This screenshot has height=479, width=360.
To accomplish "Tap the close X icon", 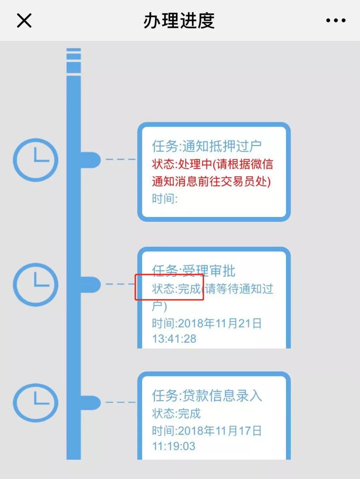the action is point(24,21).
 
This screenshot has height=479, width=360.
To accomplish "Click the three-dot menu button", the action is point(336,21).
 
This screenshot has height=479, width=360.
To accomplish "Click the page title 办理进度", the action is point(179,21).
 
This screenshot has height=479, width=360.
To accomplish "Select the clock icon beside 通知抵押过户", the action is point(36,160).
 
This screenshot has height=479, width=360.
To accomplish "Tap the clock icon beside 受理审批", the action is point(36,285).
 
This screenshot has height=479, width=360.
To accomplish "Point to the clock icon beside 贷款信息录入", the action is point(36,403).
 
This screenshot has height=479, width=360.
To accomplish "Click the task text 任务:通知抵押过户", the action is point(207,146).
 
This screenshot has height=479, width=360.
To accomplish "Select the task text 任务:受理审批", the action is point(194,271).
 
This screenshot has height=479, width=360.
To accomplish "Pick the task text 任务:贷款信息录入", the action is point(207,395).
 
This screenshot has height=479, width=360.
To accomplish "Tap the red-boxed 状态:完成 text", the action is point(176,289).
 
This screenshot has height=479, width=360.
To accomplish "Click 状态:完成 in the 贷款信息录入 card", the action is point(176,413).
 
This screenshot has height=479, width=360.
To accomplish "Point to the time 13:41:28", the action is point(174,339).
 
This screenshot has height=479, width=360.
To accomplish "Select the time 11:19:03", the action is point(174,446).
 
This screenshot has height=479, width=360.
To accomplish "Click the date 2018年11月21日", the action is point(220,323).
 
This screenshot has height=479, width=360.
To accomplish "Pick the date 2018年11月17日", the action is point(220,431).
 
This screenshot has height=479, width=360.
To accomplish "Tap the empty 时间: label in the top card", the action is point(165,199).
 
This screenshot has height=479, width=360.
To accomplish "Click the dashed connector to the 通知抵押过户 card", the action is point(120,160).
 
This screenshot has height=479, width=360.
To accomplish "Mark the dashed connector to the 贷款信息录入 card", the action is point(120,402).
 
